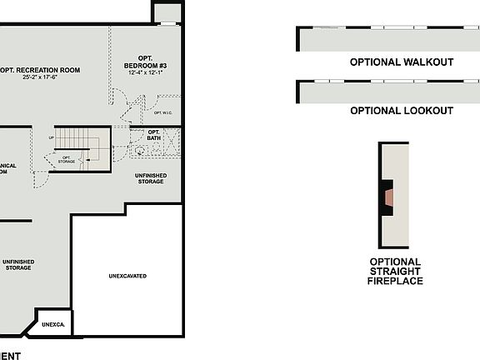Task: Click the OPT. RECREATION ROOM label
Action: [42, 70]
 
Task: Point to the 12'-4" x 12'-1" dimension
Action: [146, 72]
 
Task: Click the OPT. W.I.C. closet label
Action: [162, 112]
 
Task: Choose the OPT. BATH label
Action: [153, 134]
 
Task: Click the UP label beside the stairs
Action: [52, 137]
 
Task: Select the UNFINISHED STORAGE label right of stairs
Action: [150, 178]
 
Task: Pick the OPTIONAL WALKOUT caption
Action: [401, 62]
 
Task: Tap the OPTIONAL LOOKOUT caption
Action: [401, 111]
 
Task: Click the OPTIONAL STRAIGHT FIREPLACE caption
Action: [395, 272]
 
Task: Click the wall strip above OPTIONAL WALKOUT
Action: [388, 39]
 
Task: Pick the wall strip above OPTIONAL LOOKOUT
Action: [388, 92]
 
